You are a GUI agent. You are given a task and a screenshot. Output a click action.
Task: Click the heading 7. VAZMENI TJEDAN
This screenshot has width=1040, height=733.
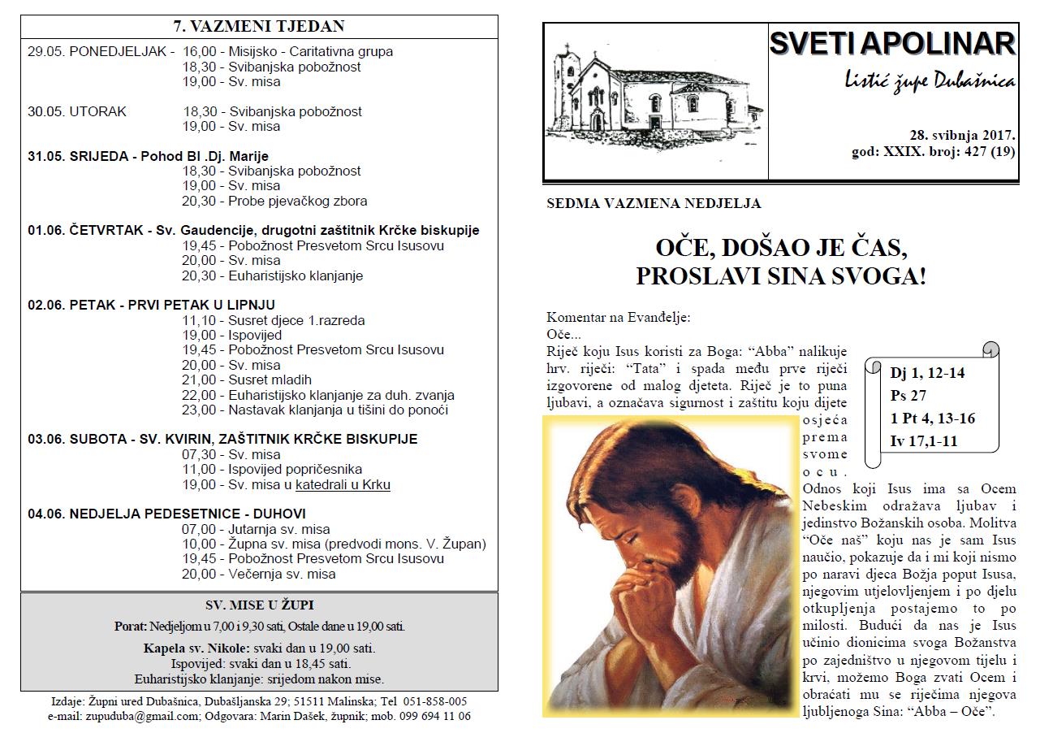click(259, 27)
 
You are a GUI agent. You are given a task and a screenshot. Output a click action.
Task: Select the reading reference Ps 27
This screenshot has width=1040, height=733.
click(908, 397)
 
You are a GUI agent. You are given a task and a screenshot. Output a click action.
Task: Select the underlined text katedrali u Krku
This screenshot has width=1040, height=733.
click(343, 484)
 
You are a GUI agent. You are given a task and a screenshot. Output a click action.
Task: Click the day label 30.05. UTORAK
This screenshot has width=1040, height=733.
click(77, 111)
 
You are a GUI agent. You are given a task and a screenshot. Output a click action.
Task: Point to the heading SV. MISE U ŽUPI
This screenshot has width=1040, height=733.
click(259, 605)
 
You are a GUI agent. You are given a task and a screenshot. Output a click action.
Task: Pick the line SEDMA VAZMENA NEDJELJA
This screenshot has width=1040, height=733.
click(654, 204)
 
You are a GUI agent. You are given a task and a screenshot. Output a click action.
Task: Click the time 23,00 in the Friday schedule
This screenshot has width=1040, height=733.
click(199, 410)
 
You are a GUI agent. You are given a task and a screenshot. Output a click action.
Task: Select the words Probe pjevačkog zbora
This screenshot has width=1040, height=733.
click(298, 201)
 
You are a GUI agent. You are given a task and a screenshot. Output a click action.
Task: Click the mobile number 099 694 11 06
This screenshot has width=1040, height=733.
click(436, 716)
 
